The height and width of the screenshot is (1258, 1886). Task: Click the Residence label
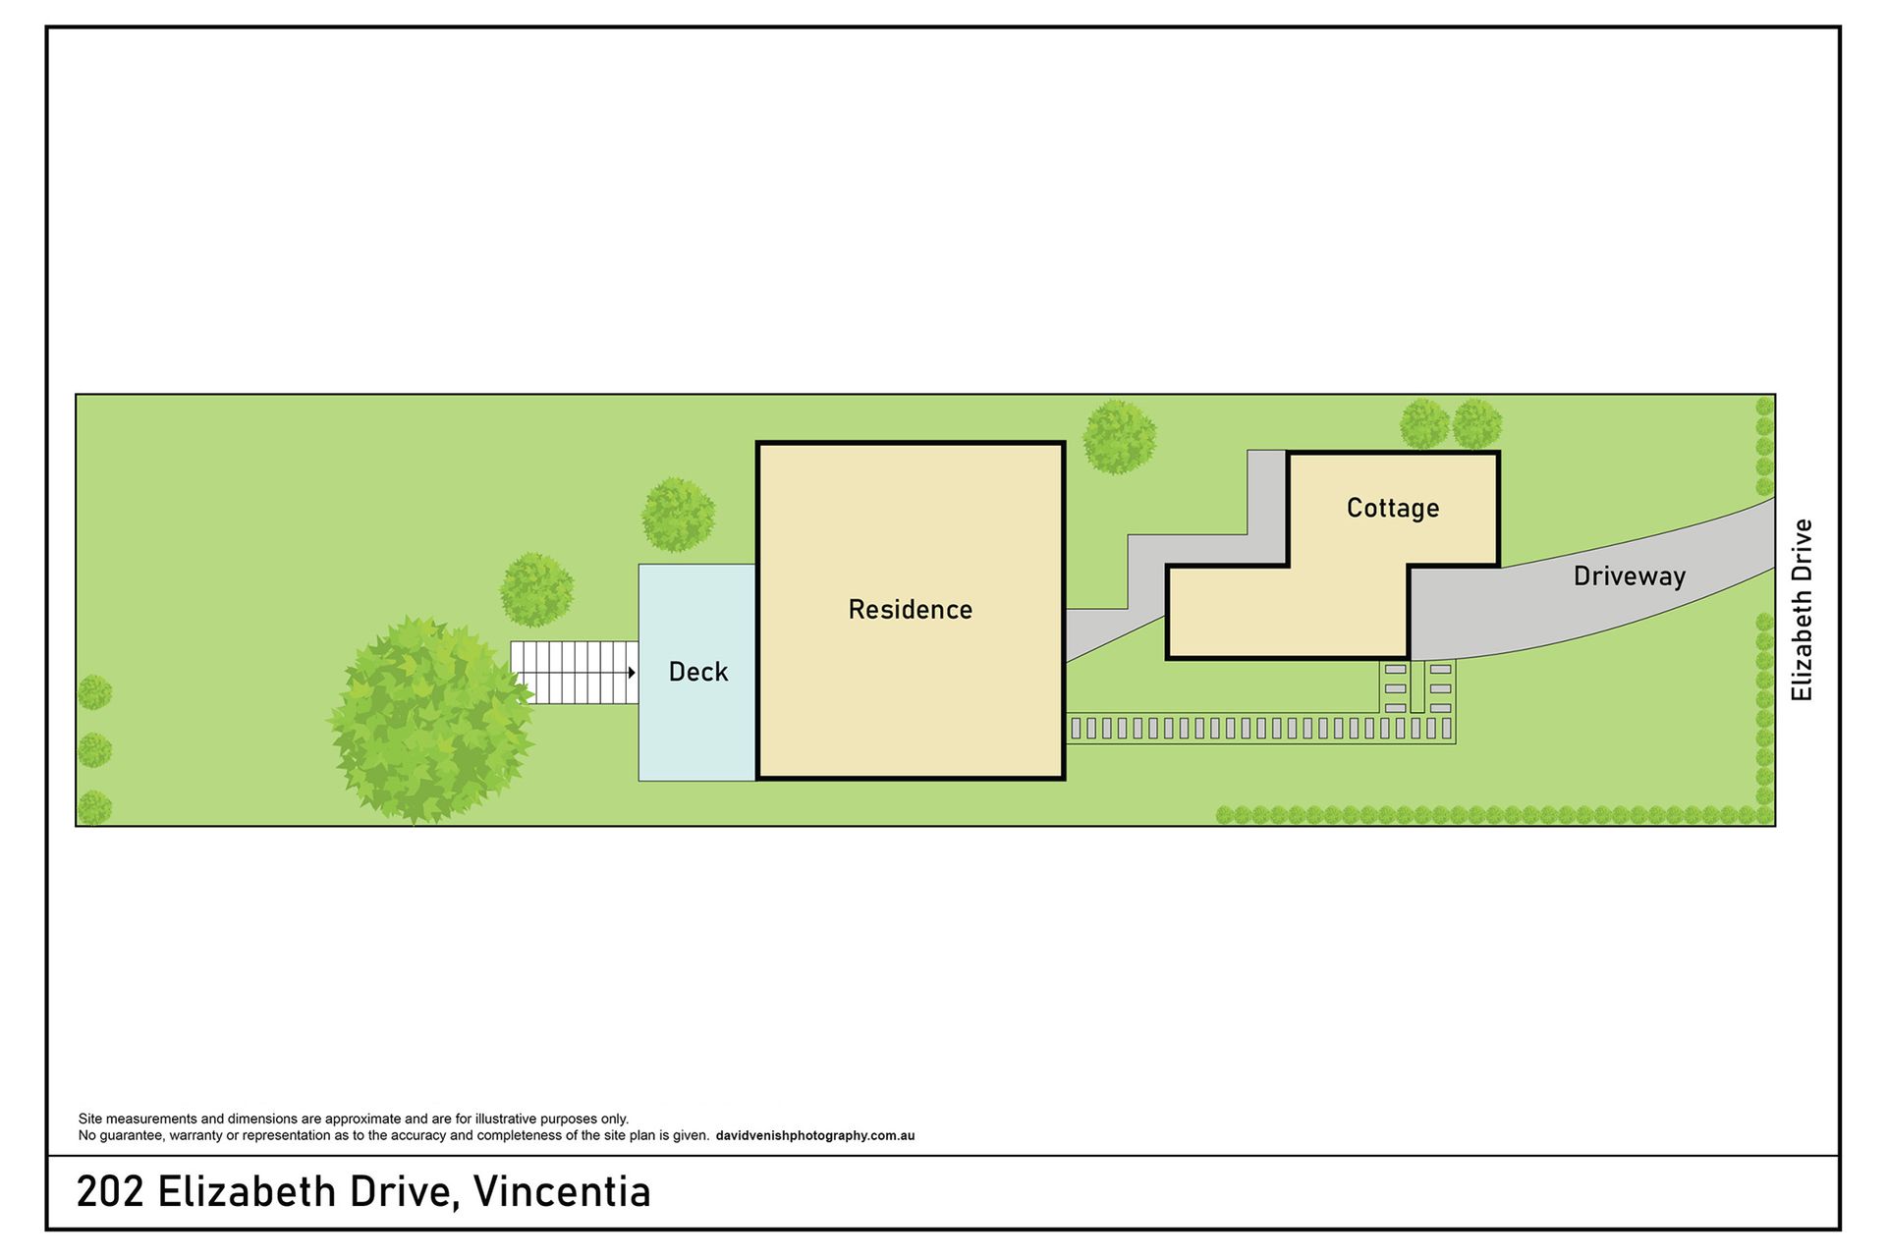point(911,610)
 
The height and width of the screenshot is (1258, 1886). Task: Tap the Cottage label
point(1393,508)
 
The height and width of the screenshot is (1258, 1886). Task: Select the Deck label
point(698,672)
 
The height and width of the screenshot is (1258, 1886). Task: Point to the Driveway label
point(1630,576)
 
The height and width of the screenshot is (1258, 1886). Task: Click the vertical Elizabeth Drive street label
point(1802,610)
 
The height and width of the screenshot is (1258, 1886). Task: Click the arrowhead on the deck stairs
point(632,673)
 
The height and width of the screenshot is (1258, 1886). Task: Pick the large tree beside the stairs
point(431,720)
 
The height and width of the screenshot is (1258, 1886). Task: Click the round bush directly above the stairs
point(536,589)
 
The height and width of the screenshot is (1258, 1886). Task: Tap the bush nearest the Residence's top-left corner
point(678,515)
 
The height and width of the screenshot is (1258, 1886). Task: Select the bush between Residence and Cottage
point(1120,437)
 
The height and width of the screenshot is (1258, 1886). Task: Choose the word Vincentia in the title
point(562,1192)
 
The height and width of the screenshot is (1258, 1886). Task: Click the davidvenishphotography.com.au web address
point(815,1136)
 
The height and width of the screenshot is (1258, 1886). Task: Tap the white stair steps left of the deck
point(575,673)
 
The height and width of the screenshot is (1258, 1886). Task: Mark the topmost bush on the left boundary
point(94,692)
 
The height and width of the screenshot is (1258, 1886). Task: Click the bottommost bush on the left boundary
point(94,808)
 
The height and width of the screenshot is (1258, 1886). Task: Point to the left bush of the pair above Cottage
point(1424,424)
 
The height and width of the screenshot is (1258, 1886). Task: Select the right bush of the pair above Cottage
point(1477,424)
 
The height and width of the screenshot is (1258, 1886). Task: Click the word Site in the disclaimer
point(90,1119)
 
